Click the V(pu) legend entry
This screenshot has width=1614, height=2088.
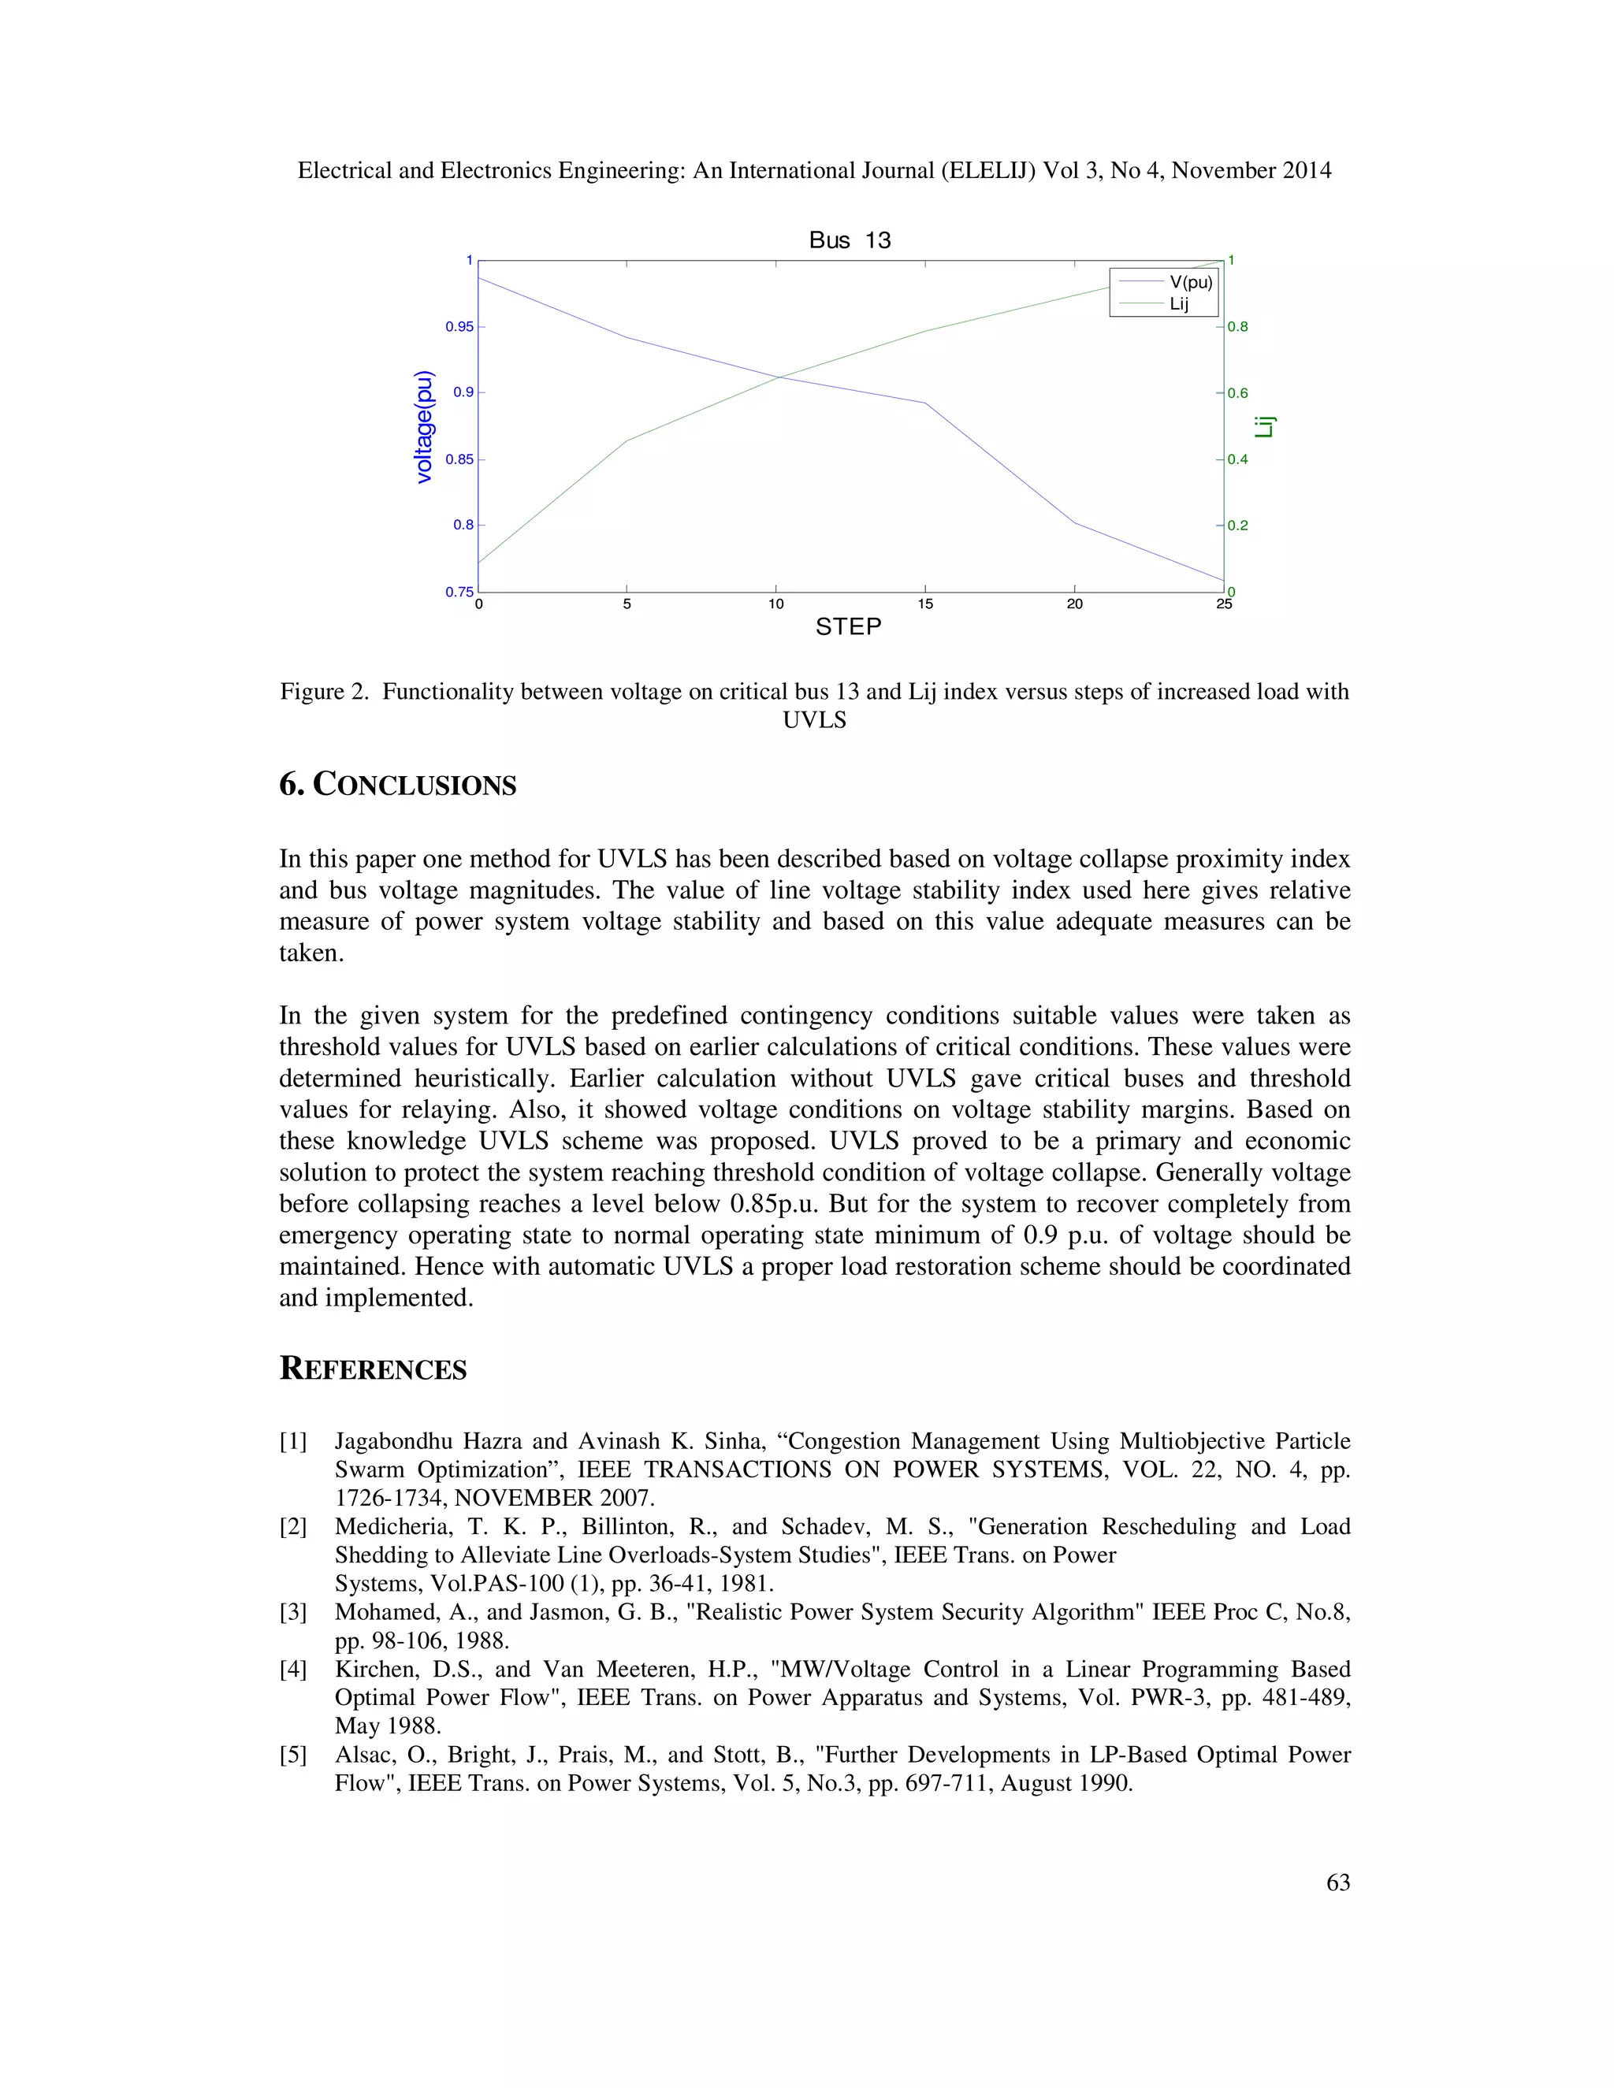(x=1191, y=282)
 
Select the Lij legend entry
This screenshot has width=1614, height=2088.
(x=1179, y=304)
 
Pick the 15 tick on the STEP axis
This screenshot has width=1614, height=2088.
(x=924, y=604)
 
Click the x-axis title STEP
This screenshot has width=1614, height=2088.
(x=848, y=627)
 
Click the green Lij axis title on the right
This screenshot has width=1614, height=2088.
(x=1265, y=426)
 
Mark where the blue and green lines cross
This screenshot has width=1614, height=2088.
(x=777, y=377)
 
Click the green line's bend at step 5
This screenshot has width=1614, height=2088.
(x=627, y=440)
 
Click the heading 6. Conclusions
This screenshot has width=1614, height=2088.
(x=398, y=785)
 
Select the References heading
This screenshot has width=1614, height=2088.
(x=373, y=1369)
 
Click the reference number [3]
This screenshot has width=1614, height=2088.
(x=292, y=1612)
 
